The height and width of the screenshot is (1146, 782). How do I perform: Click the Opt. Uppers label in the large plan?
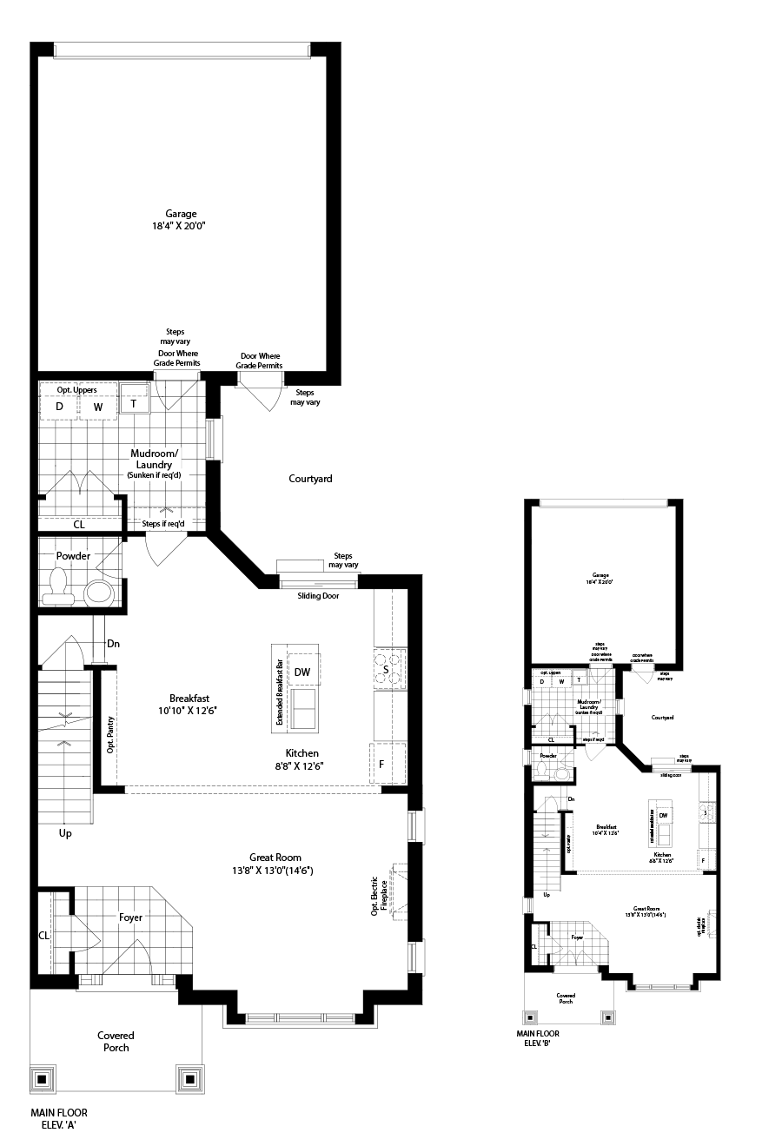(77, 390)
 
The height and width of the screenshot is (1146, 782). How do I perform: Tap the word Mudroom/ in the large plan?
(155, 454)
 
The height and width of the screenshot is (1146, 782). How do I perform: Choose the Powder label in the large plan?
(73, 556)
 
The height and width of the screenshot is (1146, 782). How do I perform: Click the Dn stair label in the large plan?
(113, 644)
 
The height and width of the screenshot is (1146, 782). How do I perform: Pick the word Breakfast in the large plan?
(189, 699)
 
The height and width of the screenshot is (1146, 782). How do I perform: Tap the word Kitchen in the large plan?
(302, 753)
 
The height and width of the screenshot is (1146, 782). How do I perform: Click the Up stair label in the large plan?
(65, 832)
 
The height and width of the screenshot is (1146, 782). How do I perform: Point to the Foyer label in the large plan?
(130, 917)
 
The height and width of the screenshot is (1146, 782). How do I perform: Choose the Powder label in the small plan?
(548, 756)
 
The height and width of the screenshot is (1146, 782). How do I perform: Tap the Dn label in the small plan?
(572, 798)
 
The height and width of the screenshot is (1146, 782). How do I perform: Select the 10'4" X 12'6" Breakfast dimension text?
(606, 833)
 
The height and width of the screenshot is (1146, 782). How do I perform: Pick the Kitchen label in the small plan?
(663, 855)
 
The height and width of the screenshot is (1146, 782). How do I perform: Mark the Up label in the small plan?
(547, 894)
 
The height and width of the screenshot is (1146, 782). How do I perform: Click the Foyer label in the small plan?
(577, 937)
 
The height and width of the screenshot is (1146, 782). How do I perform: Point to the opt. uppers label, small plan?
(551, 672)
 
